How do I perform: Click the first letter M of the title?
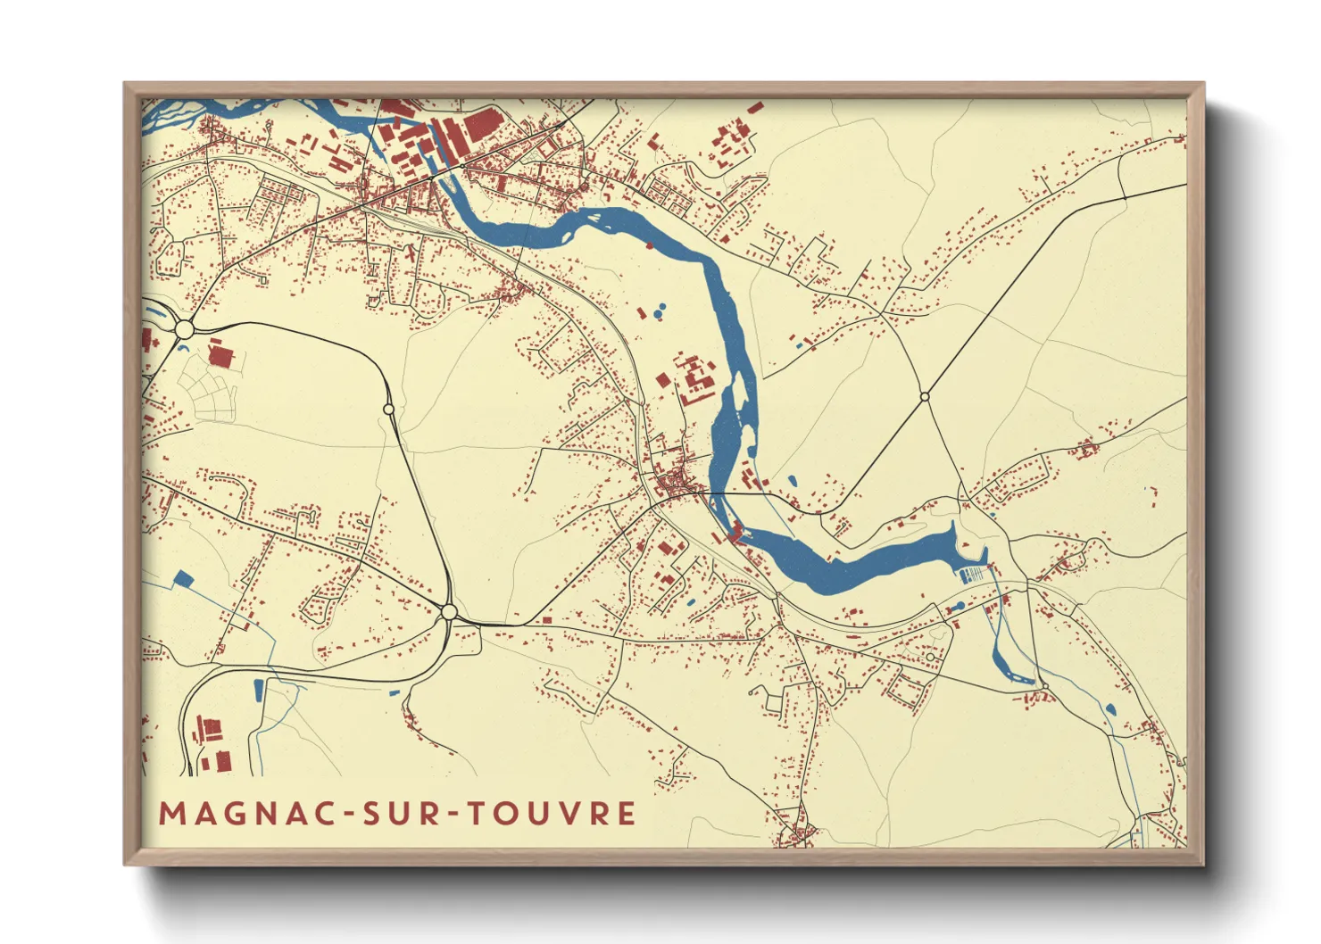point(170,814)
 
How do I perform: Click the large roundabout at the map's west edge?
point(185,329)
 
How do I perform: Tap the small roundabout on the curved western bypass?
point(388,409)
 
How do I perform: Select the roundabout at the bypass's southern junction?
point(449,612)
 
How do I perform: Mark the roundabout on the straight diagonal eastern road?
point(925,396)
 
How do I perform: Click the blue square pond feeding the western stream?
point(183,578)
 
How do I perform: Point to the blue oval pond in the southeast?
point(1111,709)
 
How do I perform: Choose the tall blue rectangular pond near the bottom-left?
point(259,690)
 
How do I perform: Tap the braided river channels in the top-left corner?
point(179,114)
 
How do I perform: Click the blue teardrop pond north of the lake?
point(793,480)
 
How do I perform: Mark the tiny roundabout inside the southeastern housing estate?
point(930,658)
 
